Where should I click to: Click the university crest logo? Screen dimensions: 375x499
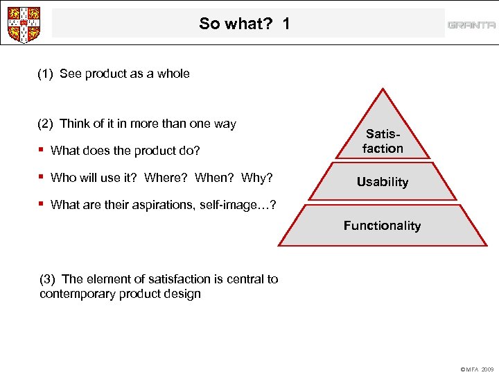point(22,24)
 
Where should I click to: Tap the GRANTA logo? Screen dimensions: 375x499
point(471,25)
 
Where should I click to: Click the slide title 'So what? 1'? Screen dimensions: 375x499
point(244,24)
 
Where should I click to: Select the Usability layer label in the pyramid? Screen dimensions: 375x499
point(382,182)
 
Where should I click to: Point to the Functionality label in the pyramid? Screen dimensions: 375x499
point(382,226)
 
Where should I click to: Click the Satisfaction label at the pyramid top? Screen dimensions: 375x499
point(383,141)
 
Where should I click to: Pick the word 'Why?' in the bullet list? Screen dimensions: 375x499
point(257,178)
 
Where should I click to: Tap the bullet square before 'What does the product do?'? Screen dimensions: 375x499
point(42,150)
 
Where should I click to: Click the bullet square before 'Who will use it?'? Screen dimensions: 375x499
point(42,177)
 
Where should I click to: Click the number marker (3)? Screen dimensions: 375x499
point(48,279)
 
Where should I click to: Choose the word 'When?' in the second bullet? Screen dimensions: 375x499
point(215,178)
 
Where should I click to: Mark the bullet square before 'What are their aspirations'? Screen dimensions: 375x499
point(42,203)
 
